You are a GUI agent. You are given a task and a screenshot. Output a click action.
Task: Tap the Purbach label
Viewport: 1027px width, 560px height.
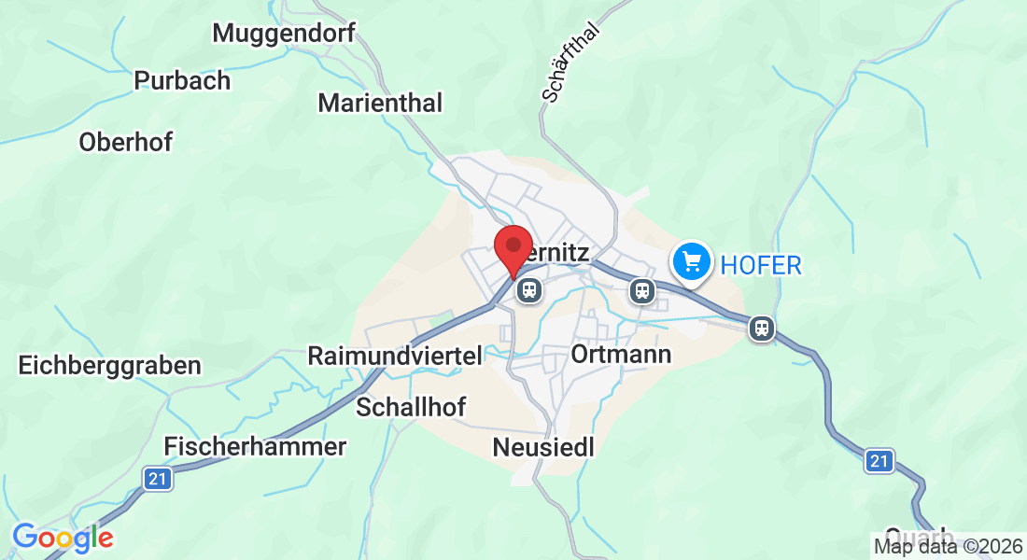[182, 80]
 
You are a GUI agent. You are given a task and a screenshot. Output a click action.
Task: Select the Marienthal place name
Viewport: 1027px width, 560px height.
[380, 103]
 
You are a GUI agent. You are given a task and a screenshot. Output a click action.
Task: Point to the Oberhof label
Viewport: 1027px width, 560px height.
[126, 142]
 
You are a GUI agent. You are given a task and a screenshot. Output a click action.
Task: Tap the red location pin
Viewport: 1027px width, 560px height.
[513, 250]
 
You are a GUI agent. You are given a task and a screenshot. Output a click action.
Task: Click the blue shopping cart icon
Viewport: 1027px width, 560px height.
[692, 261]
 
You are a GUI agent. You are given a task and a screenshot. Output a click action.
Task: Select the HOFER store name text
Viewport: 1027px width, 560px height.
[761, 265]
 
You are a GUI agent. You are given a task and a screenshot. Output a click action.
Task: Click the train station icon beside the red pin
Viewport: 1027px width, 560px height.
[529, 290]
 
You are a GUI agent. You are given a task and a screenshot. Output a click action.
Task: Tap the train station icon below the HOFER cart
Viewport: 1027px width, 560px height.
[641, 290]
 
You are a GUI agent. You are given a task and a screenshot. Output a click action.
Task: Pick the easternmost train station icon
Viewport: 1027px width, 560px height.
[762, 328]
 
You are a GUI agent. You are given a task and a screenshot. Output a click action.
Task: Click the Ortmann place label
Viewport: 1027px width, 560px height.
[621, 355]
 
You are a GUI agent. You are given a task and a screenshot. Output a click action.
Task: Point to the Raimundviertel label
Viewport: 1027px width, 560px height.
[395, 356]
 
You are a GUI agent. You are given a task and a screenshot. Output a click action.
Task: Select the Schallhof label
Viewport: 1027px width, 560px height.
[411, 407]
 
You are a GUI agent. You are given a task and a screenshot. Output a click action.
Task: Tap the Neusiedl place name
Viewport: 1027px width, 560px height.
[543, 448]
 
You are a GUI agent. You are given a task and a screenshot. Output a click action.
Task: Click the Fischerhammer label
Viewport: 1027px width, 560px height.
[255, 446]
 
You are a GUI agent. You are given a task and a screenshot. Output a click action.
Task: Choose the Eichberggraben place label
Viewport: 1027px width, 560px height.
[109, 365]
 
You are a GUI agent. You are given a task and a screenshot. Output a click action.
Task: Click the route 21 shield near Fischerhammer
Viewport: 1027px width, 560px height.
[158, 479]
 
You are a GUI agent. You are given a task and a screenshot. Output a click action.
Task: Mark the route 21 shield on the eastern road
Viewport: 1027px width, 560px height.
[878, 460]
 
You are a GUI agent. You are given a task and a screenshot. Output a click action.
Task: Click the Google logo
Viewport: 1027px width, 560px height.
[63, 538]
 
